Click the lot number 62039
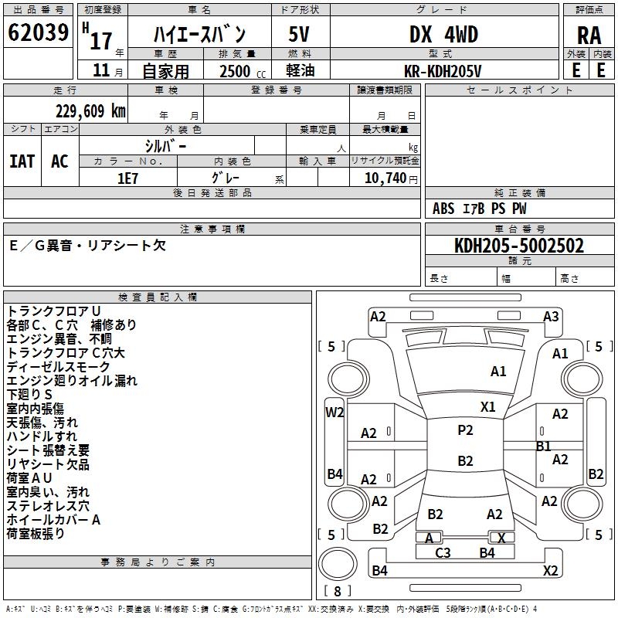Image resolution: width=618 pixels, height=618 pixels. click(38, 33)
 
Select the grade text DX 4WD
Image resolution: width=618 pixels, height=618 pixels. click(443, 34)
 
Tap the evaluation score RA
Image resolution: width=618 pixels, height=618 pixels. click(589, 35)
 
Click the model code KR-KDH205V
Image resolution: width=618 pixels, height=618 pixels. click(443, 70)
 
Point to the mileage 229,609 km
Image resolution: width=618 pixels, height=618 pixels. click(90, 111)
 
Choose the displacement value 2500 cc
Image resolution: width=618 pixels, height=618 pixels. click(236, 71)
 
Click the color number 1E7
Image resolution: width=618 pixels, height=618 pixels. click(127, 176)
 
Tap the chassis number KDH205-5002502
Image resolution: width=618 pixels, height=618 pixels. click(519, 246)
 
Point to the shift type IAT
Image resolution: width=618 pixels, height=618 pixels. click(22, 161)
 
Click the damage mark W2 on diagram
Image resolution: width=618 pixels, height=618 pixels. click(334, 412)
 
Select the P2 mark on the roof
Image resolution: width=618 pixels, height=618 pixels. click(465, 430)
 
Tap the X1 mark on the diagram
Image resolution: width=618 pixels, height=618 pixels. click(488, 406)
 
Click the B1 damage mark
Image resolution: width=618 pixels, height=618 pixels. click(544, 446)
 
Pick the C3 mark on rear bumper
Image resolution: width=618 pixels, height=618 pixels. click(443, 552)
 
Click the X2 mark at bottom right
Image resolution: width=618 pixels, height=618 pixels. click(551, 571)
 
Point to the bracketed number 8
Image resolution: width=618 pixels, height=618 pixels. click(337, 592)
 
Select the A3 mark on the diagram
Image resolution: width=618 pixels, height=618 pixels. click(551, 316)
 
